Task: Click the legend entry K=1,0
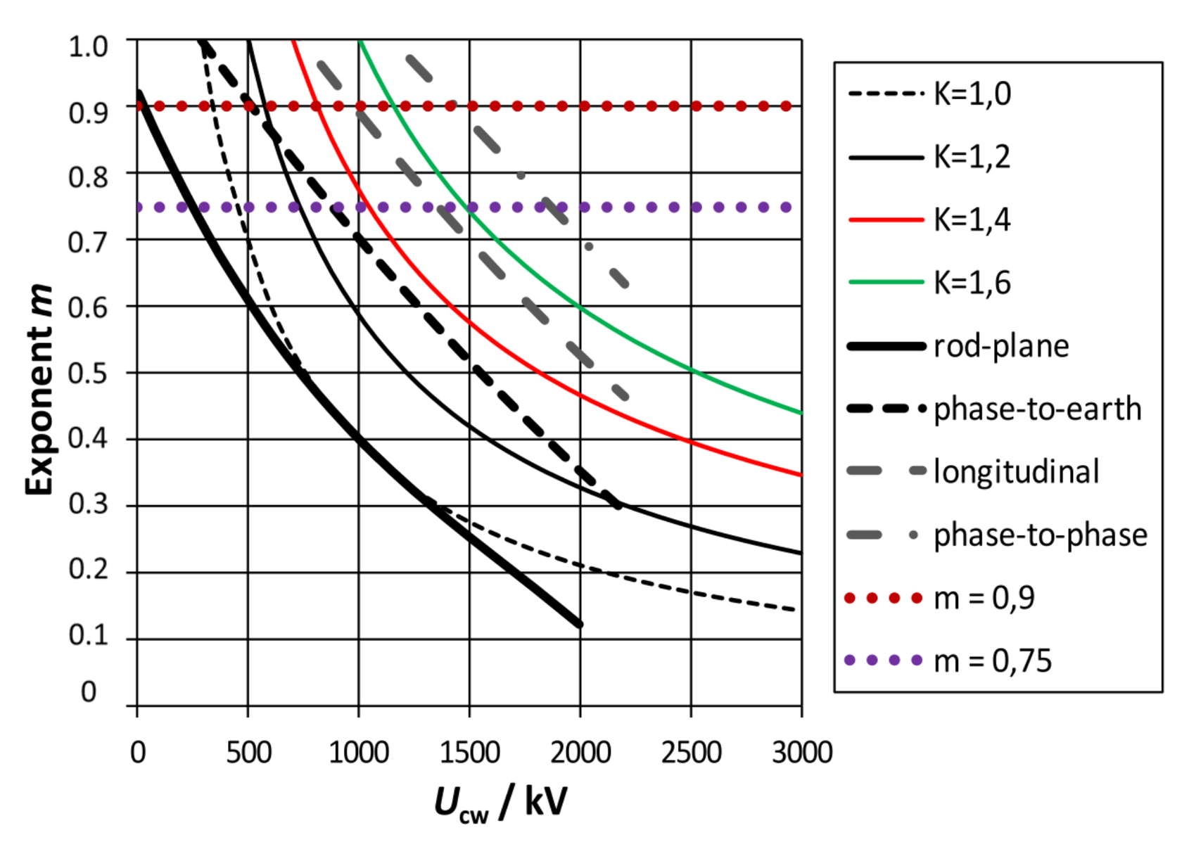point(972,94)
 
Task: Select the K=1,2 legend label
point(972,157)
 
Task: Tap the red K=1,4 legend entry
point(972,220)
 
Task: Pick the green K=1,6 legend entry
point(972,283)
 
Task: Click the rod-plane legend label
point(1000,346)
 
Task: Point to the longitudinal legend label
point(1016,471)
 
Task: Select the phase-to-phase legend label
point(1040,535)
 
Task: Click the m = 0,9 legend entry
point(984,598)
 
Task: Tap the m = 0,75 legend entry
point(992,660)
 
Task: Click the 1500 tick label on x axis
point(469,753)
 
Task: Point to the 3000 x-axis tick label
point(801,753)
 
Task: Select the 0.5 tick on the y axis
point(88,374)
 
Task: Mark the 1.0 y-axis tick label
point(88,46)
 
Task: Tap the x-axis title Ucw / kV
point(500,803)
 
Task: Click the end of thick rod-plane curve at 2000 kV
point(579,624)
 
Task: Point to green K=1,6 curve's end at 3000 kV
point(801,413)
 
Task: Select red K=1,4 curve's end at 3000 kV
point(801,475)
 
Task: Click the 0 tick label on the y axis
point(89,692)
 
